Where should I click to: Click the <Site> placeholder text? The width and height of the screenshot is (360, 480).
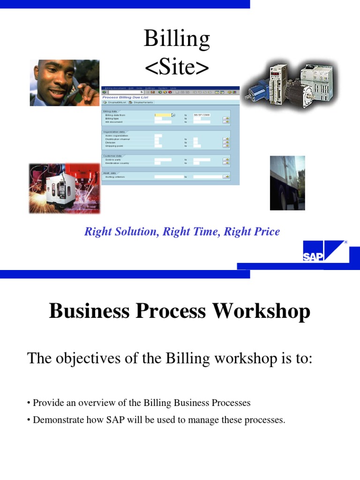[x=177, y=67]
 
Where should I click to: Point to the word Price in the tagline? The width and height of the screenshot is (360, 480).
[x=265, y=232]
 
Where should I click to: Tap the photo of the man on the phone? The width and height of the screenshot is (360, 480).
[x=64, y=82]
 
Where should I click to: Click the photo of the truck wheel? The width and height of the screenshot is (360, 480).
[x=287, y=183]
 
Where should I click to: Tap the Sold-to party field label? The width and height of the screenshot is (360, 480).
[x=114, y=160]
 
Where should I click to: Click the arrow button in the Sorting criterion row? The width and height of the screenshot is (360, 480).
[x=226, y=177]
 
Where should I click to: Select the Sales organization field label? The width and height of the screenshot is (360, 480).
[x=117, y=136]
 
